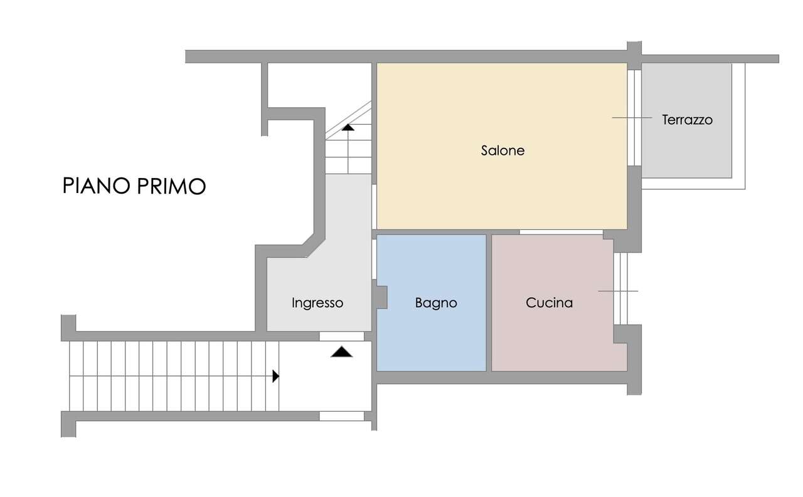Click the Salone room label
click(503, 150)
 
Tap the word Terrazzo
click(687, 120)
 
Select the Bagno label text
click(436, 303)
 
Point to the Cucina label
click(549, 303)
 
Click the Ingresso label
click(317, 303)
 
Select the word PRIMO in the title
click(171, 186)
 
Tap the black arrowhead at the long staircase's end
click(275, 376)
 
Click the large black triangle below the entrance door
click(342, 352)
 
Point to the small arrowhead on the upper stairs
click(348, 127)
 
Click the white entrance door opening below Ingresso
click(342, 336)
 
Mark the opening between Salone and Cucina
click(561, 232)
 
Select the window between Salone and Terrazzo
click(634, 117)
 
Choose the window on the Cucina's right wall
click(620, 288)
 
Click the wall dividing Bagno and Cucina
click(489, 303)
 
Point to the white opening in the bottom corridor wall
click(342, 416)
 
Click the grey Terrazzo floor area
click(686, 150)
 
